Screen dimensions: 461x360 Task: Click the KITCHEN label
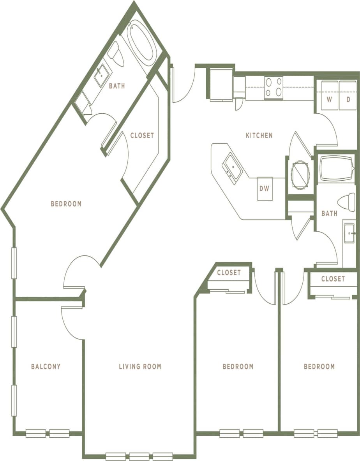[x=259, y=135]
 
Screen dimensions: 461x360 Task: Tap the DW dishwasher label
[x=265, y=188]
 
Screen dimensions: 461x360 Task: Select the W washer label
[x=329, y=99]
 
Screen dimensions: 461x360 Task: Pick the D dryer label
[x=348, y=99]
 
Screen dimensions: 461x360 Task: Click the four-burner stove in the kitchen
[x=274, y=88]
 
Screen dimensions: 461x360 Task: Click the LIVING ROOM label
[x=140, y=366]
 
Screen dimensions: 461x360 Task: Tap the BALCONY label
[x=46, y=366]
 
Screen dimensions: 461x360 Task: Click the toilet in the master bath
[x=115, y=55]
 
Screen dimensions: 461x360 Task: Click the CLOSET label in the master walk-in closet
[x=142, y=135]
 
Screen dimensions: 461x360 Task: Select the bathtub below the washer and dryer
[x=336, y=169]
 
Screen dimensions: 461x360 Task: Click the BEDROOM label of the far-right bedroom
[x=319, y=366]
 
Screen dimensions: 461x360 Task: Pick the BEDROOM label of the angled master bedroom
[x=66, y=204]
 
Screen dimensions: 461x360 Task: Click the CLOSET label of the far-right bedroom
[x=333, y=279]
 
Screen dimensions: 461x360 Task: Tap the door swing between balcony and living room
[x=70, y=321]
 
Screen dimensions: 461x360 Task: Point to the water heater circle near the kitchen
[x=300, y=175]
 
